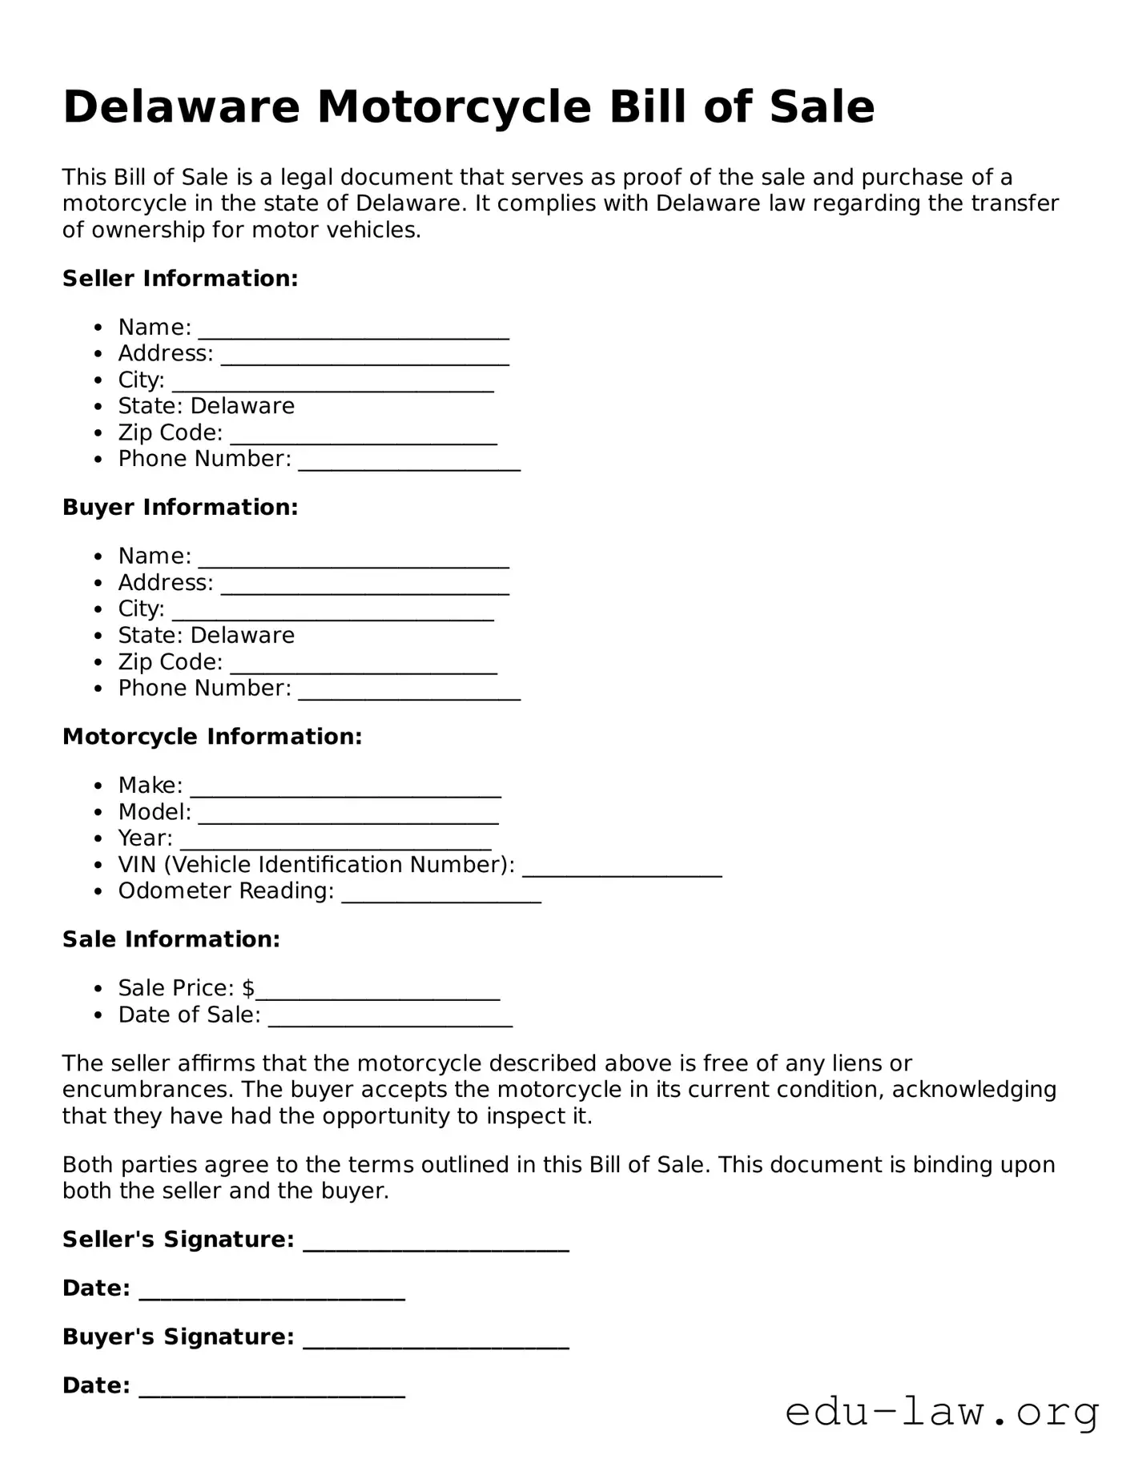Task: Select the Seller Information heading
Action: click(x=180, y=279)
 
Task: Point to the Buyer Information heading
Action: click(x=180, y=508)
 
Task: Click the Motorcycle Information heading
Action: click(x=212, y=737)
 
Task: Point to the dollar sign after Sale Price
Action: click(x=248, y=988)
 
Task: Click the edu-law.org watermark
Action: click(x=942, y=1412)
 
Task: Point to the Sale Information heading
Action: click(x=171, y=939)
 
